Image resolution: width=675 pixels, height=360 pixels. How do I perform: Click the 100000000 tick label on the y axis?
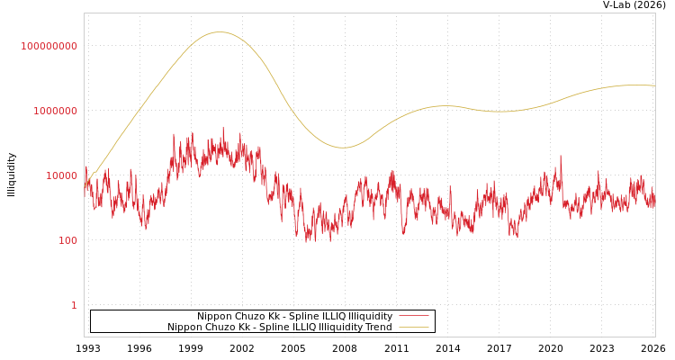tap(49, 46)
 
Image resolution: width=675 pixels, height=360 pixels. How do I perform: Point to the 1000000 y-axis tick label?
tap(56, 111)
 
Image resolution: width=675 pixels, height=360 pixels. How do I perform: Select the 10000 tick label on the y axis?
tap(62, 175)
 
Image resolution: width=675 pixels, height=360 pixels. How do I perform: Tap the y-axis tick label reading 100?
tap(68, 240)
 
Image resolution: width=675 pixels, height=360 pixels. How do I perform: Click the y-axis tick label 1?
tap(74, 305)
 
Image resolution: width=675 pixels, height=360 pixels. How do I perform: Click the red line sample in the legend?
tap(413, 316)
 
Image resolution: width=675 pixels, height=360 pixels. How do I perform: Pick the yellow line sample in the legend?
tap(413, 327)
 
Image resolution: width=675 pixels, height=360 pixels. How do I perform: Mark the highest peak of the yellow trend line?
tap(220, 32)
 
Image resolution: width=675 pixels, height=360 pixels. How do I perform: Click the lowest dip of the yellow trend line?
tap(343, 148)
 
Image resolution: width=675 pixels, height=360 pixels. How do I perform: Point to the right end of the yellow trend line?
tap(654, 85)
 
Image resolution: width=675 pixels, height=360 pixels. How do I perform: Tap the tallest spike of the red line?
tap(223, 128)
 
